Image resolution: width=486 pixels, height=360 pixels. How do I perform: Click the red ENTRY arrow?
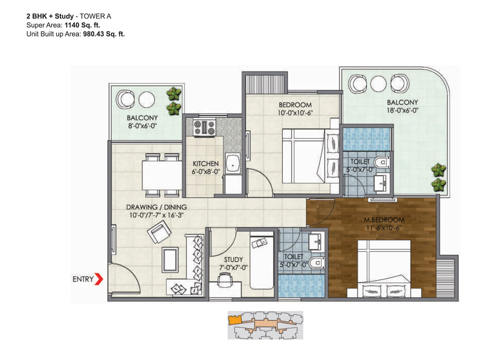pyautogui.click(x=99, y=279)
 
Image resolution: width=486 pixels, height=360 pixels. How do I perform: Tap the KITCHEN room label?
pyautogui.click(x=206, y=163)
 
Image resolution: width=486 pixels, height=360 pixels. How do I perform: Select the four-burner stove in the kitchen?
pyautogui.click(x=204, y=127)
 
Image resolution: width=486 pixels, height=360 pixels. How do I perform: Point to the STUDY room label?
pyautogui.click(x=233, y=259)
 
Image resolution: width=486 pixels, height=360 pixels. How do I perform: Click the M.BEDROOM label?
pyautogui.click(x=384, y=220)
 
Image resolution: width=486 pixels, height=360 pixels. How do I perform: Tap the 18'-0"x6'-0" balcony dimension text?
pyautogui.click(x=402, y=110)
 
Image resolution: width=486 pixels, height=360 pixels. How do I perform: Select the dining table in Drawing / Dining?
pyautogui.click(x=162, y=175)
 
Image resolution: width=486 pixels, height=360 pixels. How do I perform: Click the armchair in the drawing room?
pyautogui.click(x=159, y=232)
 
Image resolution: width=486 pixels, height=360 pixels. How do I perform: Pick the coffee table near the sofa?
pyautogui.click(x=170, y=260)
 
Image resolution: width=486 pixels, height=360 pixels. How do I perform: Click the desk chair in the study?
pyautogui.click(x=225, y=280)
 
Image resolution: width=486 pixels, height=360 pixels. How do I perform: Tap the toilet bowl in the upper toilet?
pyautogui.click(x=382, y=162)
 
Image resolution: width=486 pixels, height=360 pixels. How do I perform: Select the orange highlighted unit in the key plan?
pyautogui.click(x=235, y=320)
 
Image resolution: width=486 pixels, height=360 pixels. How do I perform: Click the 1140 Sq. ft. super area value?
pyautogui.click(x=82, y=25)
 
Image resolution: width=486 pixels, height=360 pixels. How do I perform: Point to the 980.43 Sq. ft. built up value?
pyautogui.click(x=104, y=34)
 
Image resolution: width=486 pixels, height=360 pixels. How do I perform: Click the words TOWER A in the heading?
pyautogui.click(x=95, y=16)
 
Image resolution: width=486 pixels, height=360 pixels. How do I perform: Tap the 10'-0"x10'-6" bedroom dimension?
pyautogui.click(x=295, y=113)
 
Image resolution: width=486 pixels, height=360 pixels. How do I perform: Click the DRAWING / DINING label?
pyautogui.click(x=156, y=207)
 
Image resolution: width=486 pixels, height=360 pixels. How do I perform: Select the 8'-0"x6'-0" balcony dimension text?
pyautogui.click(x=142, y=126)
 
